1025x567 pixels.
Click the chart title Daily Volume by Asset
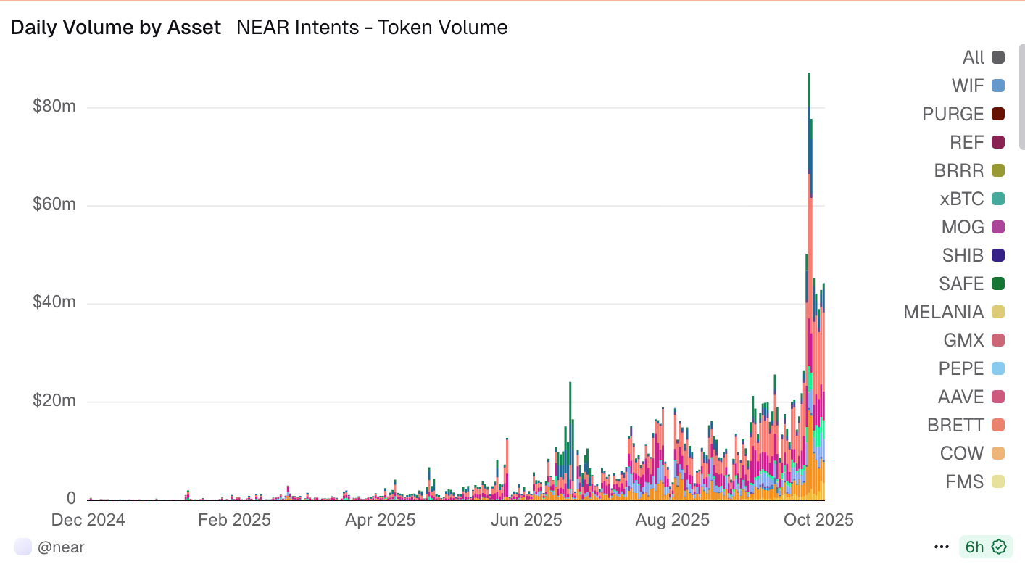tap(115, 28)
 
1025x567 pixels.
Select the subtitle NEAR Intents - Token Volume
tap(371, 28)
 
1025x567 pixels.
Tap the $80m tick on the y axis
tap(54, 107)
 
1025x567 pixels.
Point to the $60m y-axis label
tap(54, 205)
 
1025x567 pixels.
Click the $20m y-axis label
tap(54, 401)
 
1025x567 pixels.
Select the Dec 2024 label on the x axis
tap(88, 520)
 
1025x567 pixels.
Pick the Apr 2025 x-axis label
tap(381, 520)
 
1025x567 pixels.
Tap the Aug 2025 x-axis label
tap(672, 520)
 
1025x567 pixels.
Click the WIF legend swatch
tap(998, 86)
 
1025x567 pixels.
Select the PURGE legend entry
tap(953, 114)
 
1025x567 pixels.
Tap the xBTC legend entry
tap(961, 199)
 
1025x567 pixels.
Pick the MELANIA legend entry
tap(944, 312)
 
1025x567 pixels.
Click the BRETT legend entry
tap(955, 425)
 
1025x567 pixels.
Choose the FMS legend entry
tap(965, 481)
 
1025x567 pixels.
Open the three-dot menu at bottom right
tap(942, 547)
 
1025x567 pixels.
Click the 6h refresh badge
tap(985, 547)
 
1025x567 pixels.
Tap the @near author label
tap(61, 547)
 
